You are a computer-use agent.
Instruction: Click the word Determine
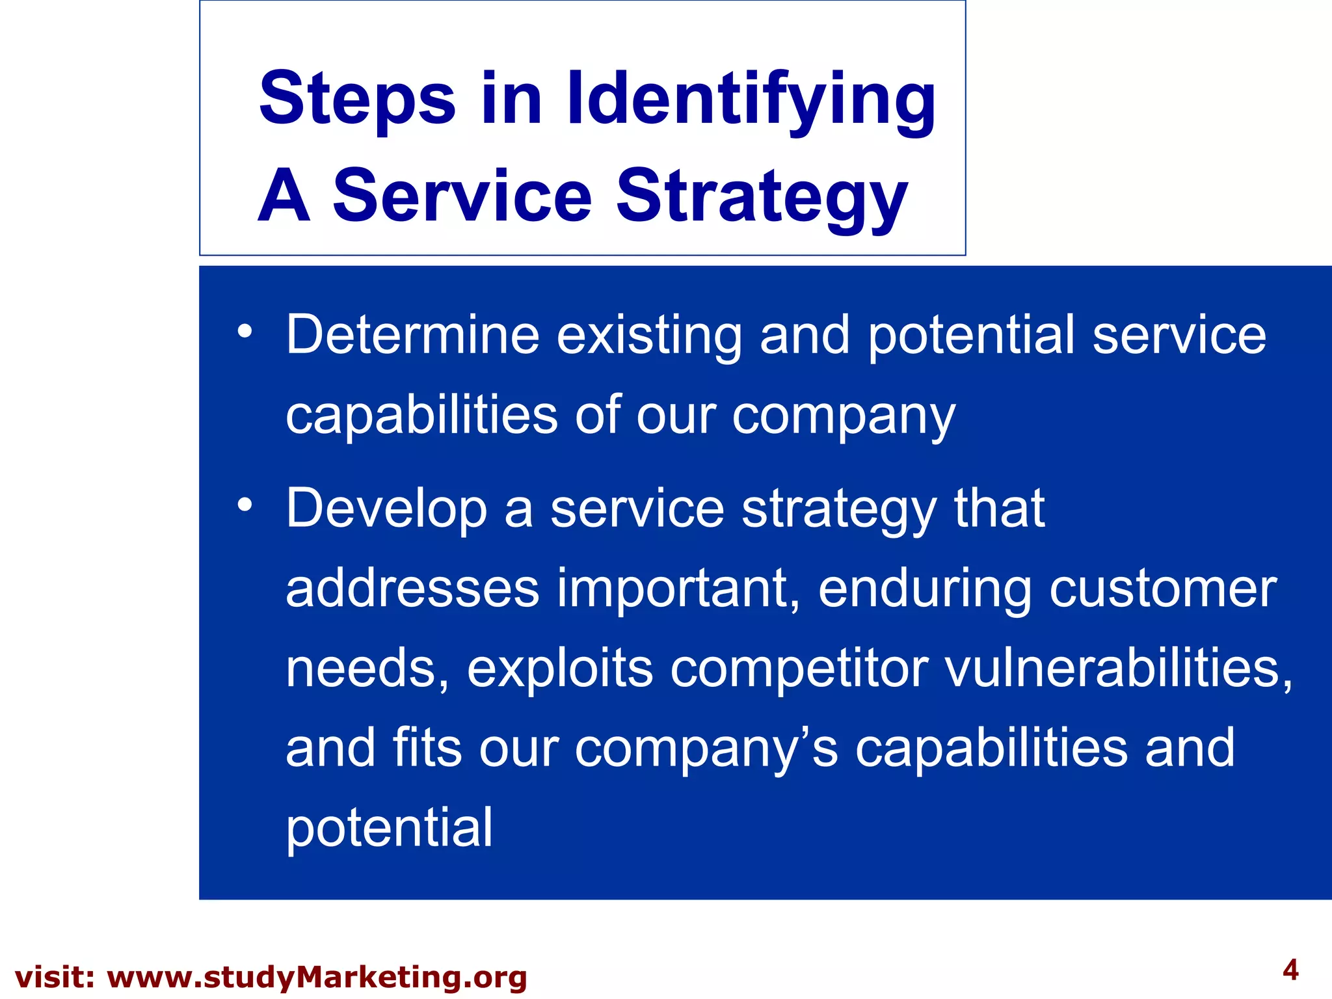coord(412,335)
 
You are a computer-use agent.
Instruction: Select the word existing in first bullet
coord(648,336)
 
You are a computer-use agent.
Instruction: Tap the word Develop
coord(386,509)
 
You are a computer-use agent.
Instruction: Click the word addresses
coord(412,589)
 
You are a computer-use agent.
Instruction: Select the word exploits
coord(559,669)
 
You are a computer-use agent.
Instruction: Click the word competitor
coord(799,669)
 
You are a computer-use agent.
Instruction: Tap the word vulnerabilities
coord(1117,668)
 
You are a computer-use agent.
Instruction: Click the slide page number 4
coord(1290,971)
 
